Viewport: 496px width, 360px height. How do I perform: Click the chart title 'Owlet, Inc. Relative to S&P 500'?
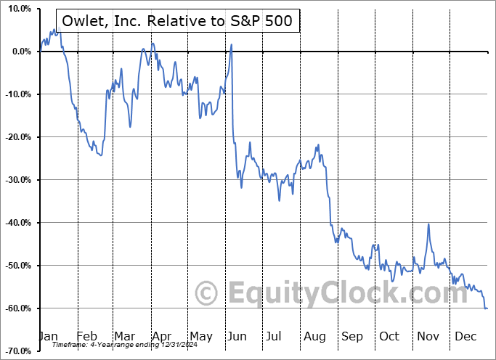(177, 20)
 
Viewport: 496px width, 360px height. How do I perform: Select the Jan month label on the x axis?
(49, 336)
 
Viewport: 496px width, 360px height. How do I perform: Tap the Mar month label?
(124, 336)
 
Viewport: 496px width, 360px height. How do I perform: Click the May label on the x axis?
(200, 336)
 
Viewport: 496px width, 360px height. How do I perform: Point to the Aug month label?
(314, 336)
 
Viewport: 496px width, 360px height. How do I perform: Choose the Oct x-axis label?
(389, 336)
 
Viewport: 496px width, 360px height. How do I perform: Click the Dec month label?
(465, 336)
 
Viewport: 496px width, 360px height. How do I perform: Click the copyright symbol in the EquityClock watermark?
(208, 294)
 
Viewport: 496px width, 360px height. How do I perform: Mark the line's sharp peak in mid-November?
(428, 224)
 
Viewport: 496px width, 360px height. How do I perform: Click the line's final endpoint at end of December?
(487, 308)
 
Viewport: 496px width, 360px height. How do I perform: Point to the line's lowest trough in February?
(101, 155)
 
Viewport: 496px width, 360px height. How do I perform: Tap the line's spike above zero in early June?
(231, 45)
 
